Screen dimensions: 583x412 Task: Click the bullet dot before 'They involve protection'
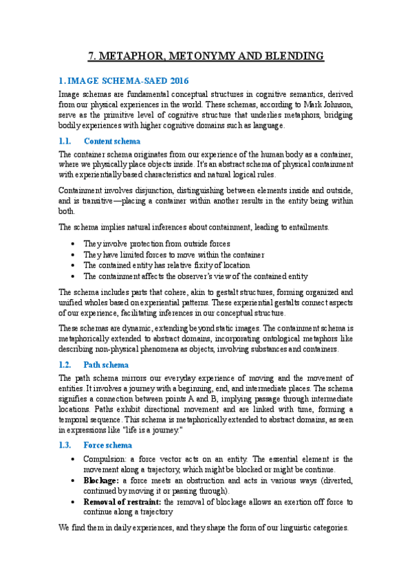[x=74, y=243]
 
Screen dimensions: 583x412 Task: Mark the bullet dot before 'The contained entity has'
[x=74, y=265]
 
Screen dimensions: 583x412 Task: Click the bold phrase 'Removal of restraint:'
[x=122, y=502]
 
